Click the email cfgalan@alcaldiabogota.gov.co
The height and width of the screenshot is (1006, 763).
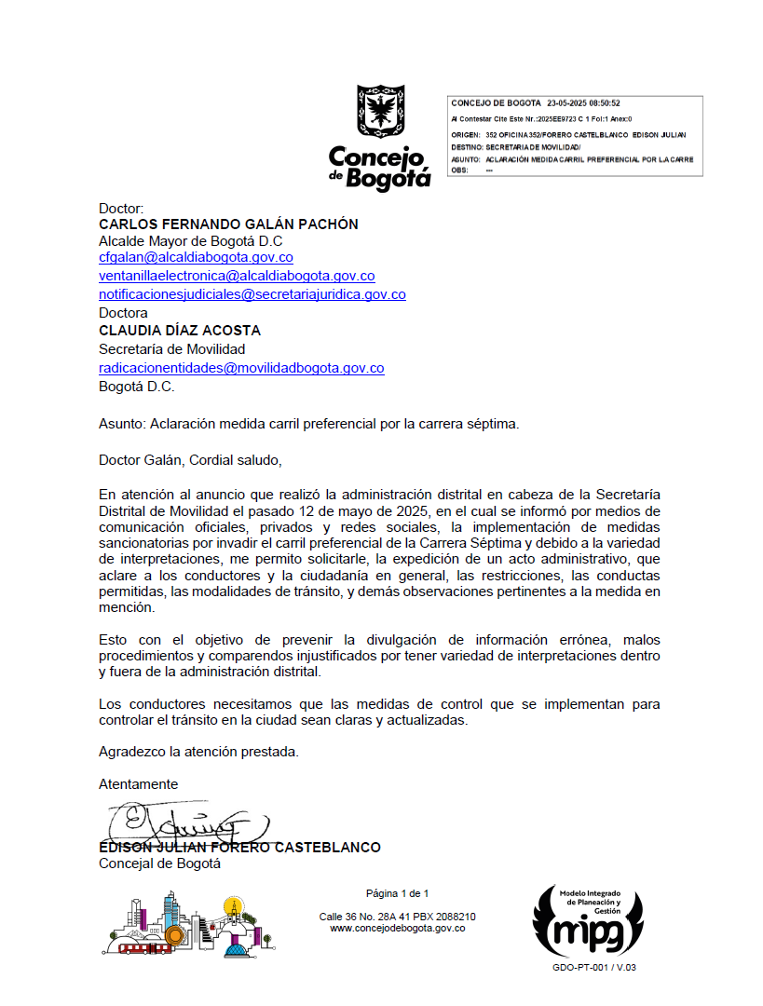[x=196, y=258]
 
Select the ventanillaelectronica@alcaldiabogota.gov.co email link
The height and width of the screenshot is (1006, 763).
[x=237, y=276]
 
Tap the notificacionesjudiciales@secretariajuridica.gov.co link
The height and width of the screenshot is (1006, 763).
[x=252, y=294]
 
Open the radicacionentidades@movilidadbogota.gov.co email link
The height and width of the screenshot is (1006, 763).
[x=241, y=368]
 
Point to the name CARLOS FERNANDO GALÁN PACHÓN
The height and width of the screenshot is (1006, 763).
[x=228, y=224]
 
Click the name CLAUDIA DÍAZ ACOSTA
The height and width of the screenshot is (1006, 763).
[x=180, y=331]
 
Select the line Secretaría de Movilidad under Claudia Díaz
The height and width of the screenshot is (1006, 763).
[x=172, y=349]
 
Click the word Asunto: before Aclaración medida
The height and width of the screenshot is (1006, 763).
[x=121, y=423]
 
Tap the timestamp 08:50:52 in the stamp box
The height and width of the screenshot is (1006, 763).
[x=604, y=103]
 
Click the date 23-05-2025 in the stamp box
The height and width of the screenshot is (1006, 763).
[x=565, y=103]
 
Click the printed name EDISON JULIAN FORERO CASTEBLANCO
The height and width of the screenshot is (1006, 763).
[x=239, y=848]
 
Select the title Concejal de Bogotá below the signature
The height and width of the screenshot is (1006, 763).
[x=159, y=863]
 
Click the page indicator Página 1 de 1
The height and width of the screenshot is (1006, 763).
[x=398, y=893]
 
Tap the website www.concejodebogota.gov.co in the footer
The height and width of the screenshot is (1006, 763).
[x=398, y=928]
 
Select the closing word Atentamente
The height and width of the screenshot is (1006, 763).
[x=138, y=784]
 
